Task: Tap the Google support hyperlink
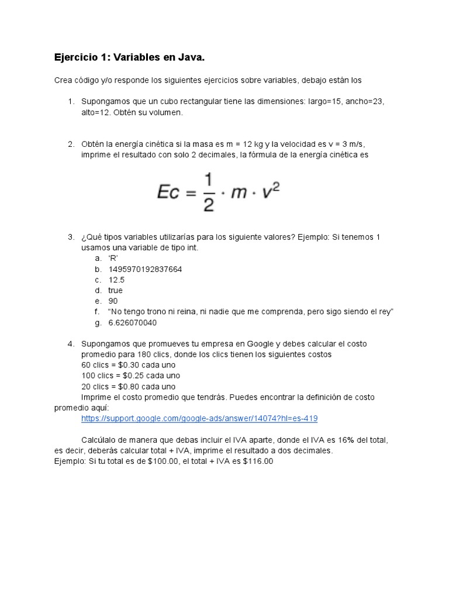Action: click(x=199, y=419)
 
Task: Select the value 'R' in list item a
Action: click(x=113, y=258)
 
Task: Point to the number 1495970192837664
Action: click(x=145, y=269)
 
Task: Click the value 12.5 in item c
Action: click(x=116, y=280)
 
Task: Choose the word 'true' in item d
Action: click(x=115, y=290)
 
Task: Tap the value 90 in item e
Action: click(x=113, y=301)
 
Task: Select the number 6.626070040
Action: click(x=132, y=322)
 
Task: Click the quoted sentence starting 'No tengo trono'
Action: click(x=251, y=312)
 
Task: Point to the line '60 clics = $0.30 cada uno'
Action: click(x=128, y=365)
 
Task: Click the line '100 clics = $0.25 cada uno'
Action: click(x=130, y=376)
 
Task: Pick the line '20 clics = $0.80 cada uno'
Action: click(x=128, y=386)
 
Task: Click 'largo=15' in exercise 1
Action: click(x=321, y=102)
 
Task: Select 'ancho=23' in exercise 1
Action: click(x=364, y=102)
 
